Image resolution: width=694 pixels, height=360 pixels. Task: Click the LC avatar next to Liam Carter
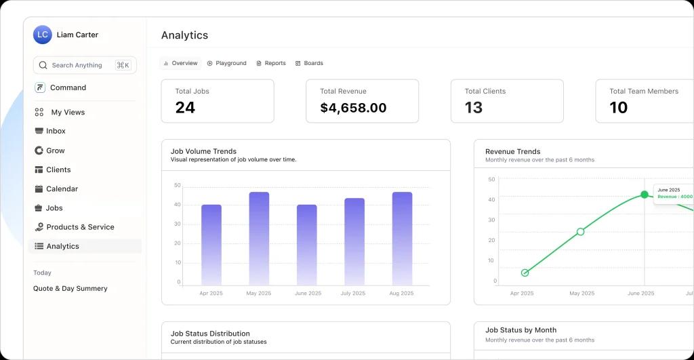pyautogui.click(x=43, y=35)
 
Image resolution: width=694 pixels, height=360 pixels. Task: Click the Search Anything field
pyautogui.click(x=77, y=65)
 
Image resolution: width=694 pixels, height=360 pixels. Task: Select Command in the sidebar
pyautogui.click(x=68, y=87)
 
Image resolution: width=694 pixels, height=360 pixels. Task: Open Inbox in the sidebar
pyautogui.click(x=56, y=131)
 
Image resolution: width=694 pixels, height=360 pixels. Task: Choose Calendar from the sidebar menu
pyautogui.click(x=62, y=188)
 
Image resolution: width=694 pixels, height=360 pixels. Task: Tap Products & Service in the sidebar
pyautogui.click(x=80, y=227)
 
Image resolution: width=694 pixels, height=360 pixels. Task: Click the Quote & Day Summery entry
pyautogui.click(x=70, y=288)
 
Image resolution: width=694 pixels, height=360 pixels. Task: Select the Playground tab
pyautogui.click(x=227, y=63)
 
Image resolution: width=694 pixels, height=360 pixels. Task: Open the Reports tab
pyautogui.click(x=271, y=63)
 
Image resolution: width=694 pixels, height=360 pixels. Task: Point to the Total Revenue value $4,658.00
pyautogui.click(x=353, y=108)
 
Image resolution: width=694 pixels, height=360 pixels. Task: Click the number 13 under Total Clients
pyautogui.click(x=474, y=107)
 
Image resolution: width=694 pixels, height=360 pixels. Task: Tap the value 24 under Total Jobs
pyautogui.click(x=185, y=107)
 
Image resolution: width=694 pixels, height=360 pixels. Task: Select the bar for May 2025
pyautogui.click(x=259, y=238)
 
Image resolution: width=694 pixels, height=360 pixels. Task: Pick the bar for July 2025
pyautogui.click(x=354, y=241)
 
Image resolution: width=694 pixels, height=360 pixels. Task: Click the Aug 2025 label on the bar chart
pyautogui.click(x=402, y=294)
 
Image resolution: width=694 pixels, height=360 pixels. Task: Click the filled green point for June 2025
pyautogui.click(x=645, y=195)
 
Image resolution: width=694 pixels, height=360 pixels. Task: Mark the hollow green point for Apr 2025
pyautogui.click(x=525, y=273)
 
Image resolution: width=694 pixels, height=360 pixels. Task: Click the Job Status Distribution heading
pyautogui.click(x=210, y=334)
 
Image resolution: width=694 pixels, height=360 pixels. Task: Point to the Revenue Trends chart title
pyautogui.click(x=512, y=151)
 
